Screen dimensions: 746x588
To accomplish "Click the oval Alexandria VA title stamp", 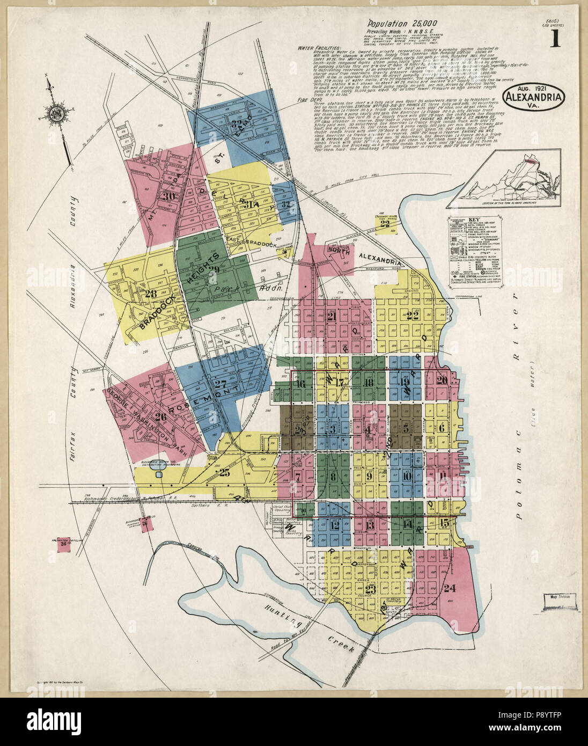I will click(534, 97).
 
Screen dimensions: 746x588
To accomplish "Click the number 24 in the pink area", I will click(449, 588).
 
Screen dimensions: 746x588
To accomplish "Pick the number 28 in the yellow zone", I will click(150, 293).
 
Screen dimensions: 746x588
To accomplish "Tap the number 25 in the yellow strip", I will click(224, 472).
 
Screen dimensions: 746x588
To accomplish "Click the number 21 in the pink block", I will click(331, 317).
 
